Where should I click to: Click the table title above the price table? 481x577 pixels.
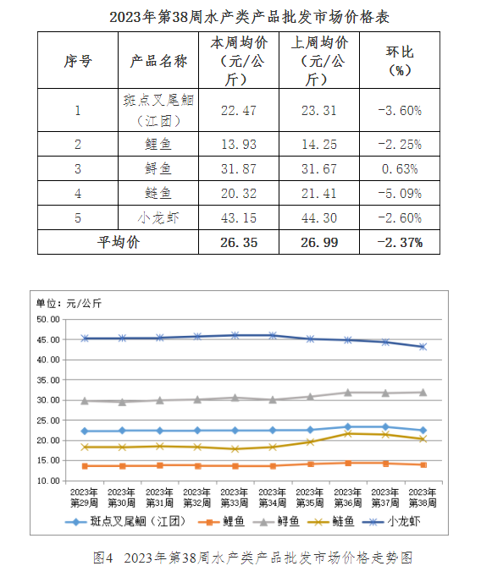tap(249, 17)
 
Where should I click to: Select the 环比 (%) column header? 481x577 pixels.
tap(400, 61)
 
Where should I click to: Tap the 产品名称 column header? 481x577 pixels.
tap(158, 61)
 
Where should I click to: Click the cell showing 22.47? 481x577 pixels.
tap(239, 110)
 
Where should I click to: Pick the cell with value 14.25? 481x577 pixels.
tap(319, 144)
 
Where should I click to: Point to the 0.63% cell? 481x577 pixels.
tap(400, 169)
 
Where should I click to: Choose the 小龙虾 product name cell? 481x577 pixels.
tap(158, 217)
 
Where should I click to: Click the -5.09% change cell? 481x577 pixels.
tap(400, 194)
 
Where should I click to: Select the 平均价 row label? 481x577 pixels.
tap(119, 242)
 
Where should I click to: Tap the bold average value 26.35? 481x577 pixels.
tap(239, 243)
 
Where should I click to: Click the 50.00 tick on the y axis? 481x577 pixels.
tap(48, 320)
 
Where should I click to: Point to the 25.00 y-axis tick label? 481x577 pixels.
tap(48, 420)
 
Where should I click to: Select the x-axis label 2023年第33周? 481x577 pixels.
tap(235, 497)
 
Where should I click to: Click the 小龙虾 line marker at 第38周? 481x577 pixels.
tap(423, 347)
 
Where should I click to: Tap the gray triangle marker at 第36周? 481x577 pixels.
tap(348, 393)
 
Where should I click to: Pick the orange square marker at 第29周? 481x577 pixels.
tap(85, 466)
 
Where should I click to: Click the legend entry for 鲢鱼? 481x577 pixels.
tap(330, 522)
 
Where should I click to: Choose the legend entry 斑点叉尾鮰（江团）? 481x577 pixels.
tap(125, 522)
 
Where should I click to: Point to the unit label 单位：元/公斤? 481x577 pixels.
tap(69, 304)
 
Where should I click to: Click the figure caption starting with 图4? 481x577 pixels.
tap(252, 558)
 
